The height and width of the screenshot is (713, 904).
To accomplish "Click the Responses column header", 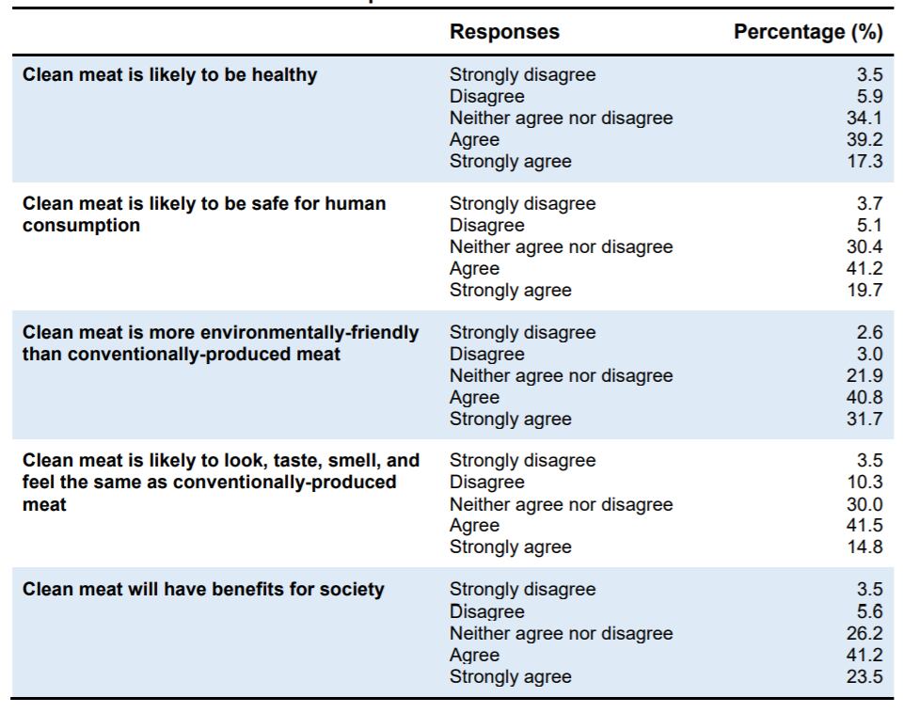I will pos(504,32).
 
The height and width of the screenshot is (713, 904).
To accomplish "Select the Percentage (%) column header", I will pos(808,32).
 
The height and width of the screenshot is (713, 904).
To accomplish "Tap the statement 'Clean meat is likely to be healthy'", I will pos(170,75).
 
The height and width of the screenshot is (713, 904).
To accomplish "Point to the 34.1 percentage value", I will pos(864,119).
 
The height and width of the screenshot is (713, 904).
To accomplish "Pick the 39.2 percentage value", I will pos(864,140).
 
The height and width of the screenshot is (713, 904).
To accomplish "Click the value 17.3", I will pos(864,162).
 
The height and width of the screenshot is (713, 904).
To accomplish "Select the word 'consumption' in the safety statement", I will pos(81,226).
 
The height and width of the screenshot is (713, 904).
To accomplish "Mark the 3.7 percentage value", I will pos(869,204).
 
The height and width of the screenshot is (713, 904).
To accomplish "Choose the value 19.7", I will pos(864,290).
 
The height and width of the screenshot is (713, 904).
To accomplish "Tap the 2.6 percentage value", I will pos(869,333).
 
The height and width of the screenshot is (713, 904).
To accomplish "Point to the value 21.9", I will pos(864,375).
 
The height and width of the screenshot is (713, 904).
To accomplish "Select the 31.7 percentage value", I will pos(864,419).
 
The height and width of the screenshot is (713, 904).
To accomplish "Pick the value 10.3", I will pos(864,483).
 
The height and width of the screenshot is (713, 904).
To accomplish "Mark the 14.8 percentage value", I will pos(864,547).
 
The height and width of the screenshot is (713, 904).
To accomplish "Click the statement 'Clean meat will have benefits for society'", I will pos(203,590).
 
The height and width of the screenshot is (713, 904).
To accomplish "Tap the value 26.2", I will pos(864,633).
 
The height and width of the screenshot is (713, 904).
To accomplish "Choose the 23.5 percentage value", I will pos(864,676).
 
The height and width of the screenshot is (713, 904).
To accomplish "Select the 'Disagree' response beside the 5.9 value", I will pos(487,97).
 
